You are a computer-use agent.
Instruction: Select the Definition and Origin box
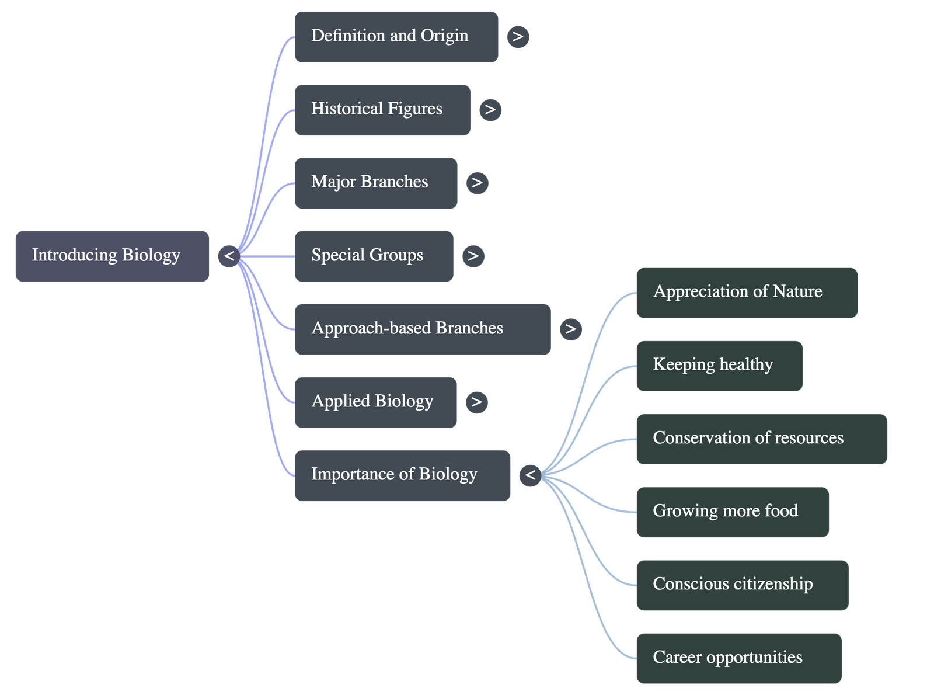396,36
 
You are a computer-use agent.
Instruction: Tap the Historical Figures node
382,110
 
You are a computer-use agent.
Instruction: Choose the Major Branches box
376,183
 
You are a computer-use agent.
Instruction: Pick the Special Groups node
374,256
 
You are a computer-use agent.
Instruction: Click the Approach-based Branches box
423,329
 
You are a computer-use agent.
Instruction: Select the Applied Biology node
375,402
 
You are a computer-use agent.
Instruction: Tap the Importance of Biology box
402,475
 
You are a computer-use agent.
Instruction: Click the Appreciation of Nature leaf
747,293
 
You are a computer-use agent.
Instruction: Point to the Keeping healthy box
719,366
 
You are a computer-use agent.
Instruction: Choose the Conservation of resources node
762,439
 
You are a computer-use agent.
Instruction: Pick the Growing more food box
732,512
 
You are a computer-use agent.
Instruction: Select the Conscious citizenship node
742,585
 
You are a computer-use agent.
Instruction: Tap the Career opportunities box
738,658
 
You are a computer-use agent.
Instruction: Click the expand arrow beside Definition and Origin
518,37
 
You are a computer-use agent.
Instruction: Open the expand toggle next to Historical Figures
490,110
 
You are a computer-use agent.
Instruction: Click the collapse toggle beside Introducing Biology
229,256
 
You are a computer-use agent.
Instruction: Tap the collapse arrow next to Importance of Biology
530,475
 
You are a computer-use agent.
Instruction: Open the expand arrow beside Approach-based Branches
570,329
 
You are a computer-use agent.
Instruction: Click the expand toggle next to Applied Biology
476,402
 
